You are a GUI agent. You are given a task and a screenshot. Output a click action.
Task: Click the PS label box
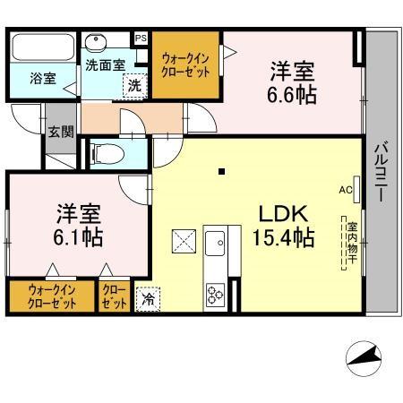pos(141,39)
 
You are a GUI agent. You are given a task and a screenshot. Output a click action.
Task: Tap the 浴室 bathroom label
pos(43,78)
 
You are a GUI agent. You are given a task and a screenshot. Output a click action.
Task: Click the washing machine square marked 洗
pos(133,85)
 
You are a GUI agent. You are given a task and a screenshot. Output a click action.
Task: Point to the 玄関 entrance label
pos(61,133)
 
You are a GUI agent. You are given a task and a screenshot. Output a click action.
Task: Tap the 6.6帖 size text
pos(293,95)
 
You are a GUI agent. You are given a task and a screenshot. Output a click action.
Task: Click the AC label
pos(345,190)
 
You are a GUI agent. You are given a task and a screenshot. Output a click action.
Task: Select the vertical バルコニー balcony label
pos(380,171)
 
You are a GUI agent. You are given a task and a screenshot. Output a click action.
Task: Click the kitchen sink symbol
pos(216,244)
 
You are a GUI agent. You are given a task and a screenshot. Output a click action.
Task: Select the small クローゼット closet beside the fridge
pos(114,297)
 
